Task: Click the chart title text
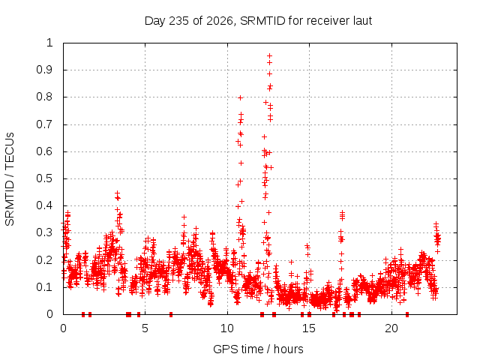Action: [x=258, y=21]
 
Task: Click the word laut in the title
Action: [x=362, y=21]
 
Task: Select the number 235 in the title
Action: [x=179, y=21]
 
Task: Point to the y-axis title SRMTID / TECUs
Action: [x=10, y=179]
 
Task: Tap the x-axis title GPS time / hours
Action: [x=258, y=349]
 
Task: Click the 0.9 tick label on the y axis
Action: [x=45, y=70]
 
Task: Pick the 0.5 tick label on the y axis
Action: [x=45, y=178]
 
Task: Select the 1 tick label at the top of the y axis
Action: [x=50, y=43]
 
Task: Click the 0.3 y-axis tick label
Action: [x=45, y=232]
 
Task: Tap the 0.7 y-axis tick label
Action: [x=45, y=124]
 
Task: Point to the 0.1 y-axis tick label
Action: [x=45, y=287]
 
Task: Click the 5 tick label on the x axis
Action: [x=145, y=328]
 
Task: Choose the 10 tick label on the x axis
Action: [x=227, y=328]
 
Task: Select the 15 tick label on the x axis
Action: [x=309, y=328]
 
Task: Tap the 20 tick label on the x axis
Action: [x=391, y=328]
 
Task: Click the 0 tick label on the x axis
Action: [x=63, y=328]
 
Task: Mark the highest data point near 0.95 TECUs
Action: [x=270, y=55]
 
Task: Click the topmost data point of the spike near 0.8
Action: [x=240, y=98]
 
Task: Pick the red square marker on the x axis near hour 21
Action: [x=407, y=314]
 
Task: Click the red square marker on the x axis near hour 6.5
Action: [x=171, y=314]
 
